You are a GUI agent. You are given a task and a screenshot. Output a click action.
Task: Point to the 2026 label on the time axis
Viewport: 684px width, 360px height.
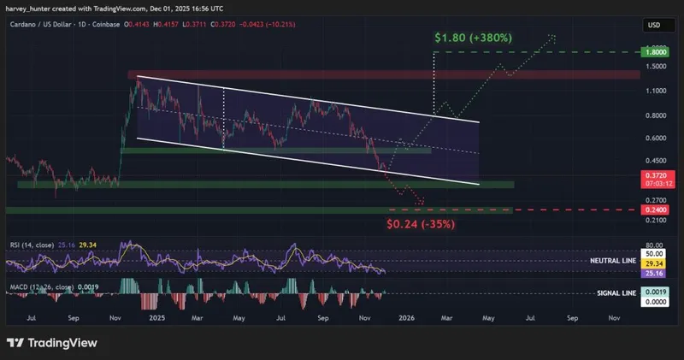pyautogui.click(x=406, y=316)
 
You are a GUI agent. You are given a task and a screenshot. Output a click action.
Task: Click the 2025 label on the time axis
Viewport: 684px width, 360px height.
pyautogui.click(x=156, y=316)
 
